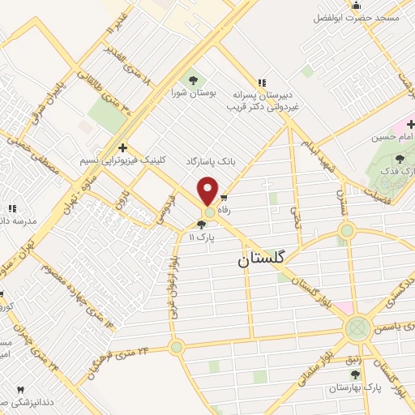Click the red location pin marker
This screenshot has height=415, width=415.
point(209,190)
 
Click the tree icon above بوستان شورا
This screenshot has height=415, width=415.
point(193,79)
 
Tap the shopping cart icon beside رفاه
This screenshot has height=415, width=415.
point(223,197)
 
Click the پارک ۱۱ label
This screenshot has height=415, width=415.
point(201,238)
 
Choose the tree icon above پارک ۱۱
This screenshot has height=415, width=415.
point(201,225)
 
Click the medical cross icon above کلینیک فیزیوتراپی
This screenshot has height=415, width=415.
point(122,148)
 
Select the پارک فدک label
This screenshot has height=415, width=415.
point(392,172)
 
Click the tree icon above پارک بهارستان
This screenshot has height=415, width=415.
point(355,374)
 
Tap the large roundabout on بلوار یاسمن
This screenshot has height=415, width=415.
point(357,329)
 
